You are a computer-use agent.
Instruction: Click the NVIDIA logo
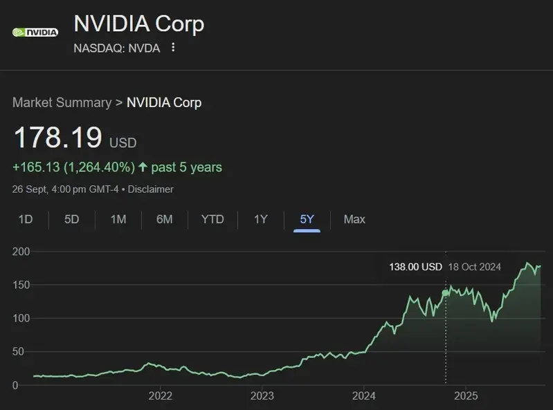(35, 32)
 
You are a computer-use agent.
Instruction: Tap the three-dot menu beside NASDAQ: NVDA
(173, 48)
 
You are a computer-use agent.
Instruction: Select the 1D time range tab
(26, 219)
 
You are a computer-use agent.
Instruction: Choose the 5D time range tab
(72, 219)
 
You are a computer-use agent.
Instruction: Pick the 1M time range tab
(118, 219)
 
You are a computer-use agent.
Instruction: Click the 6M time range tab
(164, 219)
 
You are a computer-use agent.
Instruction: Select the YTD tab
(212, 219)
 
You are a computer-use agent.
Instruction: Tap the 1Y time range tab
(260, 219)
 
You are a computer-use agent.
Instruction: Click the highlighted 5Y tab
(307, 219)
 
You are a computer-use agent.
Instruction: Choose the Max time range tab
(354, 219)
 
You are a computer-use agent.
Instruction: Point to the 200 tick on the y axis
(21, 252)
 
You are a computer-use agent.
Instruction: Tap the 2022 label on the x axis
(161, 396)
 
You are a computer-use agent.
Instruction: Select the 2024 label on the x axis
(364, 396)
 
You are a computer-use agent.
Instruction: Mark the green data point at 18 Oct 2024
(445, 293)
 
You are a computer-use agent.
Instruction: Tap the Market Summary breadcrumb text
(62, 102)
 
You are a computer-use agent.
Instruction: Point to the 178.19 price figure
(58, 138)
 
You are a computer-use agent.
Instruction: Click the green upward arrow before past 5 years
(143, 167)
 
